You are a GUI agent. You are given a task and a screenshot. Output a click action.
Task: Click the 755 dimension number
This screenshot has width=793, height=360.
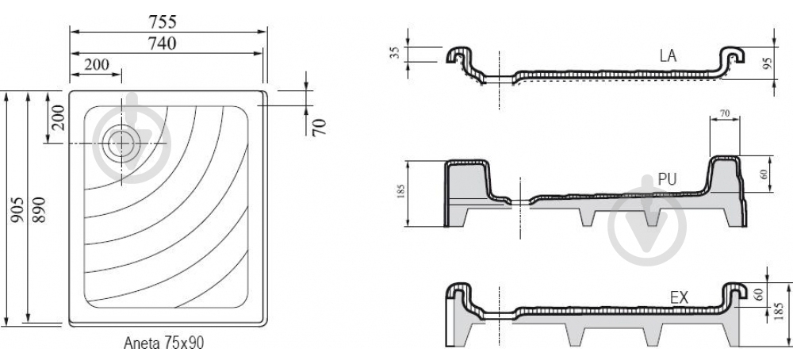163,22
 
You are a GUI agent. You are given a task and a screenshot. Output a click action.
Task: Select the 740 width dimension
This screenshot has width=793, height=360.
162,44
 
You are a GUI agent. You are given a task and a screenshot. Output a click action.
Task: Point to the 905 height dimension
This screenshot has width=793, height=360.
17,210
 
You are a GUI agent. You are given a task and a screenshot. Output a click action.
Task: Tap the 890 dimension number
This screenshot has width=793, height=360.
38,209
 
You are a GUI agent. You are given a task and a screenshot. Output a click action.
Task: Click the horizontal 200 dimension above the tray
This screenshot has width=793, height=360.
96,65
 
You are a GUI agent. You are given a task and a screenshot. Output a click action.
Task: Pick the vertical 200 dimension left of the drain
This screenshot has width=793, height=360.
58,117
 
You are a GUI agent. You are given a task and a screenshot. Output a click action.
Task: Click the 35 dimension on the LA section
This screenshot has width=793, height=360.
395,52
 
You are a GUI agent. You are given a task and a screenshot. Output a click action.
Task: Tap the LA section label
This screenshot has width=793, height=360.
668,56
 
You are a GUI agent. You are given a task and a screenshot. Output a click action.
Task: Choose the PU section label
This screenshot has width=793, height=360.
667,179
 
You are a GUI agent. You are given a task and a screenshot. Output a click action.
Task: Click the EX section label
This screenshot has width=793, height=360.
679,298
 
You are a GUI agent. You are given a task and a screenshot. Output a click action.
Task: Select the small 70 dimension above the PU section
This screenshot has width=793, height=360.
725,114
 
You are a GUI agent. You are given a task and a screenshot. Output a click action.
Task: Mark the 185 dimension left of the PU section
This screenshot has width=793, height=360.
401,192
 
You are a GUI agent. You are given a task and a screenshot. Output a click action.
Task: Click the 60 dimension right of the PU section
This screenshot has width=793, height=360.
764,174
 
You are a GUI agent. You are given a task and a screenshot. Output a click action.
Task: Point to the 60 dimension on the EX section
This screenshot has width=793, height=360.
757,295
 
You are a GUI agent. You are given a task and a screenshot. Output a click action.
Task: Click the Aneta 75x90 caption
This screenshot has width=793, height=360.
164,343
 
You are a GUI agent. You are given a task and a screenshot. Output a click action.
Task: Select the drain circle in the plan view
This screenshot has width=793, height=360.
121,143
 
